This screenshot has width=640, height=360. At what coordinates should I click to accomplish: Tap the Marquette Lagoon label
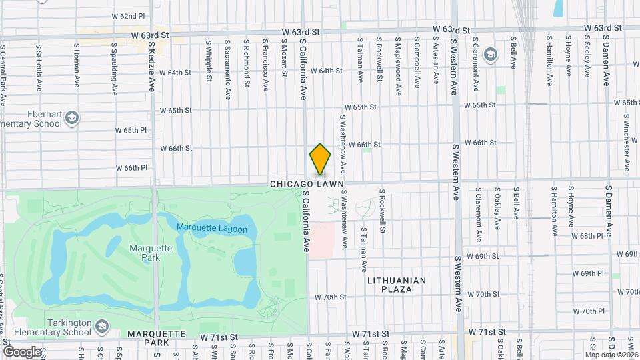click(x=212, y=229)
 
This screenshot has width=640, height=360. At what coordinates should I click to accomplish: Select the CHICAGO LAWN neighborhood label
click(x=307, y=183)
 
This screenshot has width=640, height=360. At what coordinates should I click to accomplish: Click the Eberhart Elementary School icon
click(x=73, y=119)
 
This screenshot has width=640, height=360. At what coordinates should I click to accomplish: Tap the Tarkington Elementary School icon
click(x=101, y=327)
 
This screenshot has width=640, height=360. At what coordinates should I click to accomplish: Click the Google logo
click(x=22, y=351)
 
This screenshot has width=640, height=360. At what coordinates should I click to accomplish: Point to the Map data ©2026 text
click(x=612, y=355)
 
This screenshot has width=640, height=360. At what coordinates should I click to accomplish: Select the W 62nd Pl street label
click(x=128, y=15)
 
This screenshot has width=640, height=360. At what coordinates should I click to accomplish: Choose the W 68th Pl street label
click(x=587, y=236)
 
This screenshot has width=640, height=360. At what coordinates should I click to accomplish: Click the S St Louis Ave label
click(x=39, y=65)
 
